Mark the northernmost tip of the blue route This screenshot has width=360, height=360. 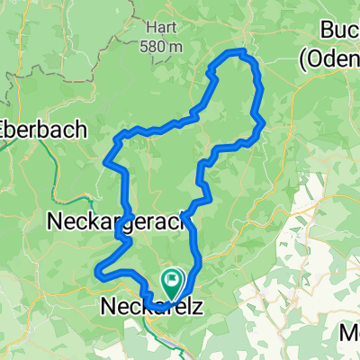click(241, 50)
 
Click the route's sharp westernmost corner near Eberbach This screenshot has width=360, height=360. click(107, 163)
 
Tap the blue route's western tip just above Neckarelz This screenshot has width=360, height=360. click(96, 269)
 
